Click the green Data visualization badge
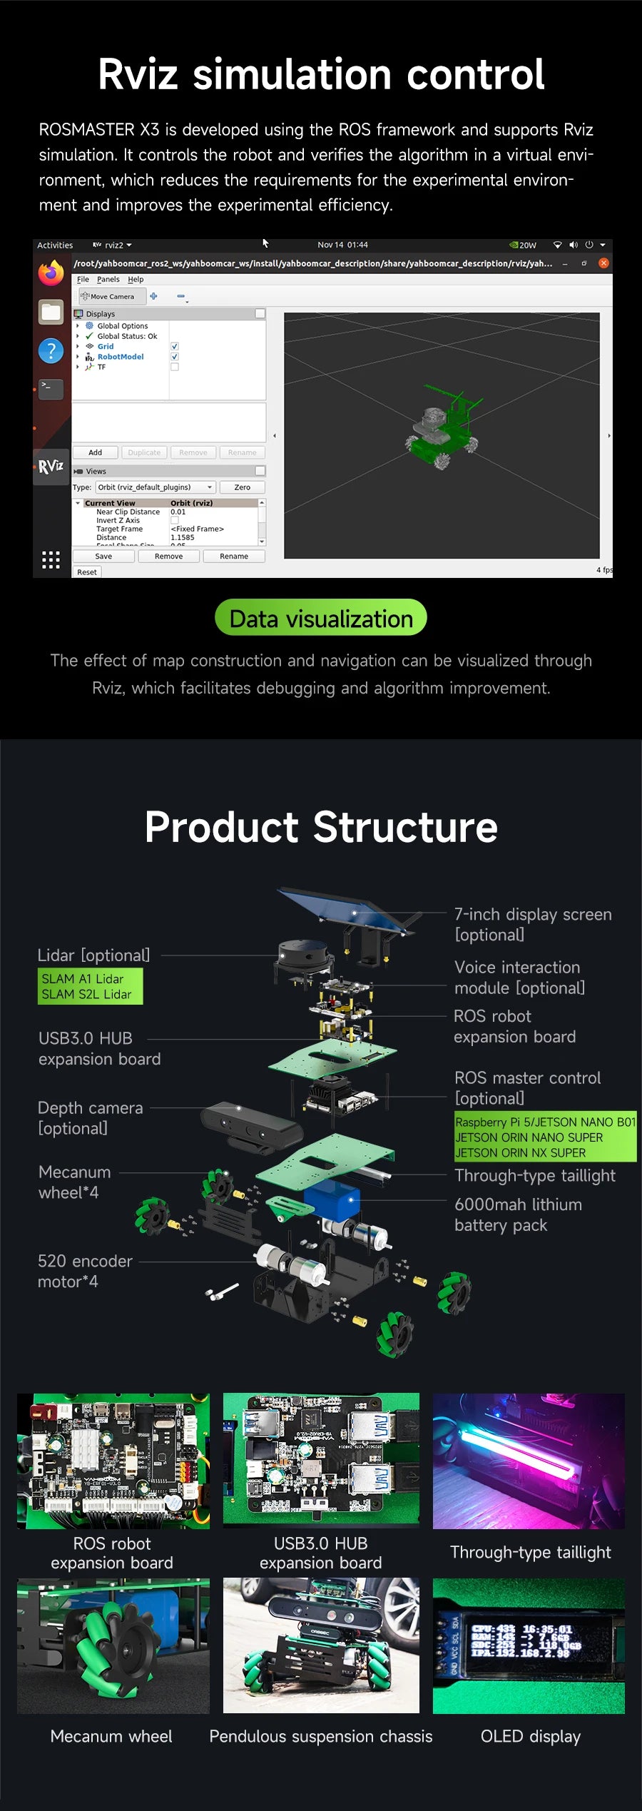pos(321,618)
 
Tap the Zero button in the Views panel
pos(243,487)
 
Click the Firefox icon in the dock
pos(51,273)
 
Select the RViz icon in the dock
pos(51,467)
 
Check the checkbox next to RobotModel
pos(175,357)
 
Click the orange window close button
pos(603,263)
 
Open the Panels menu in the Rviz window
pos(108,280)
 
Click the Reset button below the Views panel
pos(87,572)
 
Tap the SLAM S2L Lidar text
pos(86,995)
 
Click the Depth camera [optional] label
pos(90,1118)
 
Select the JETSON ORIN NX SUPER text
pos(521,1153)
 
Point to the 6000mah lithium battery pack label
pos(518,1214)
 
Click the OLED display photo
pos(529,1645)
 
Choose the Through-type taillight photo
pos(529,1461)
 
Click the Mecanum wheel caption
pos(111,1737)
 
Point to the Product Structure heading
pos(321,828)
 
